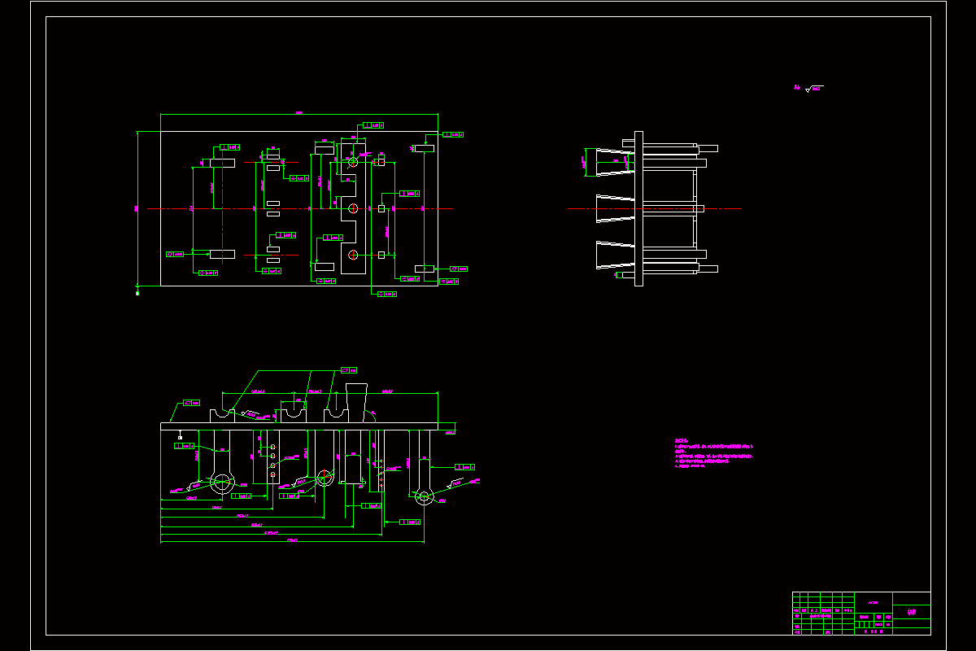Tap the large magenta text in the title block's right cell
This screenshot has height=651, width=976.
coord(911,612)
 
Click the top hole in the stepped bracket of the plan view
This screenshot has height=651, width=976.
coord(353,162)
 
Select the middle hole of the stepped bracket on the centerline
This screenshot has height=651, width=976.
coord(353,209)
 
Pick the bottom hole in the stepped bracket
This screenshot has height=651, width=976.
coord(353,256)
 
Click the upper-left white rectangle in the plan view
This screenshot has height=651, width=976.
coord(222,163)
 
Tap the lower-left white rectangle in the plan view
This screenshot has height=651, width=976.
coord(222,254)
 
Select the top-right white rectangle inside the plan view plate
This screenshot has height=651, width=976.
coord(425,149)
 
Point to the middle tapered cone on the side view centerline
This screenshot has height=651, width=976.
coord(615,208)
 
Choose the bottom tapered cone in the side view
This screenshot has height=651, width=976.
coord(615,256)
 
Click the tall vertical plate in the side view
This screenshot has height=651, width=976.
coord(638,208)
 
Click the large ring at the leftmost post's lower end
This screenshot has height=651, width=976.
coord(220,482)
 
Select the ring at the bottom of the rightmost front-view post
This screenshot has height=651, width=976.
coord(423,496)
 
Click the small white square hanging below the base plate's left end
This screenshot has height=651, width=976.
coord(180,438)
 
